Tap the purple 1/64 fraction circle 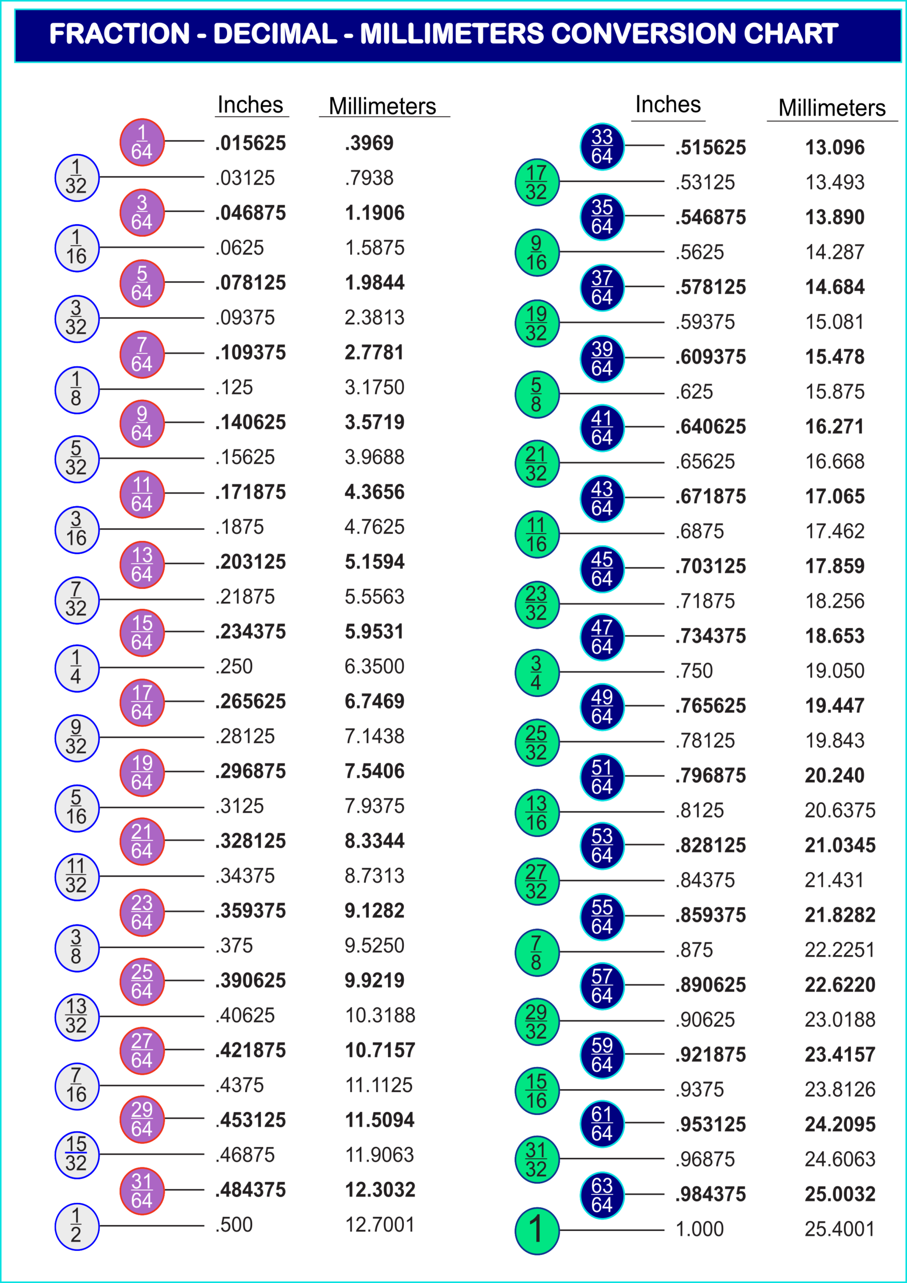pos(142,142)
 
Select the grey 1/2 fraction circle pos(77,1226)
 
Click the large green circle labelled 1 pos(537,1230)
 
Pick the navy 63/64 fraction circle pos(602,1195)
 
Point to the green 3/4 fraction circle pos(537,673)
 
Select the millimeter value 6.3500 pos(374,667)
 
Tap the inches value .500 pos(234,1225)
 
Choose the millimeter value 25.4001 pos(839,1229)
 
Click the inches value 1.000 pos(699,1229)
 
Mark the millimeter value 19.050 pos(834,671)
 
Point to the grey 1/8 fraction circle pos(77,389)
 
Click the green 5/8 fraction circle pos(537,394)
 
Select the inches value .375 pos(234,946)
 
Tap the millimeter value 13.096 pos(834,147)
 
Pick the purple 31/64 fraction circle pos(142,1190)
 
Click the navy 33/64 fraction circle pos(602,146)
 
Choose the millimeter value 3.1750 pos(374,387)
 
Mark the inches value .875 pos(694,950)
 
